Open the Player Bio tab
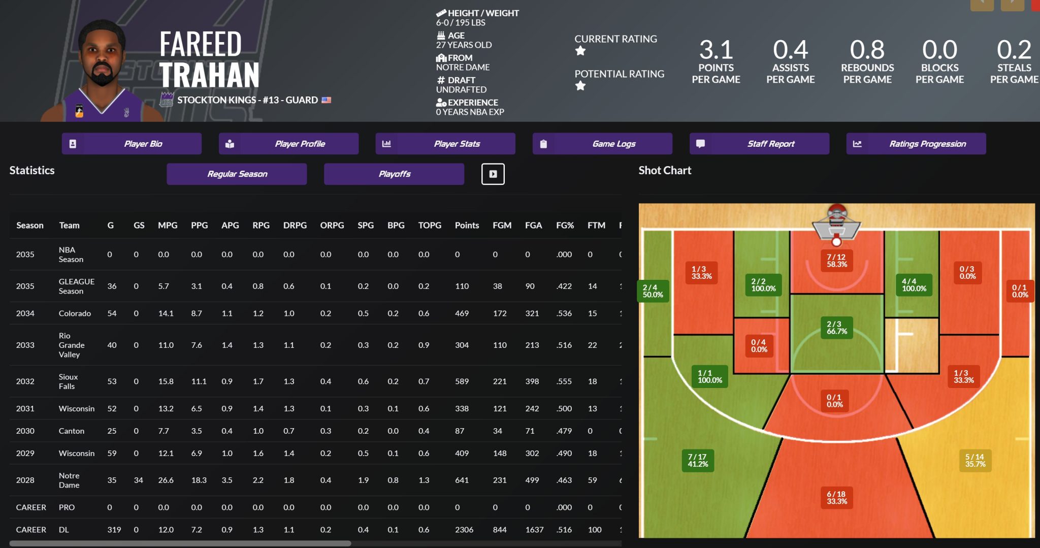pos(132,144)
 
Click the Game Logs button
pos(602,144)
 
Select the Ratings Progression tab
pos(916,144)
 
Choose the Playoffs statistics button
pos(394,174)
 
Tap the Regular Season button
pos(237,174)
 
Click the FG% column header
pos(565,225)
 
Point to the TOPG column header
pos(430,225)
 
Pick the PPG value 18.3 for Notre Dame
pos(199,480)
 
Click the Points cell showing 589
pos(462,381)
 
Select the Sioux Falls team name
pos(68,381)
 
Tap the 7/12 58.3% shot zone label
pos(836,261)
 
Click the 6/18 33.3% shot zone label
pos(836,497)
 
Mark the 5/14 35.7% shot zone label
pos(975,460)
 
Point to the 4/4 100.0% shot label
pos(914,284)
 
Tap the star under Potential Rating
pos(580,86)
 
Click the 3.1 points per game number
pos(716,50)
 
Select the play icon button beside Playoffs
pos(493,174)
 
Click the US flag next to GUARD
pos(327,100)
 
